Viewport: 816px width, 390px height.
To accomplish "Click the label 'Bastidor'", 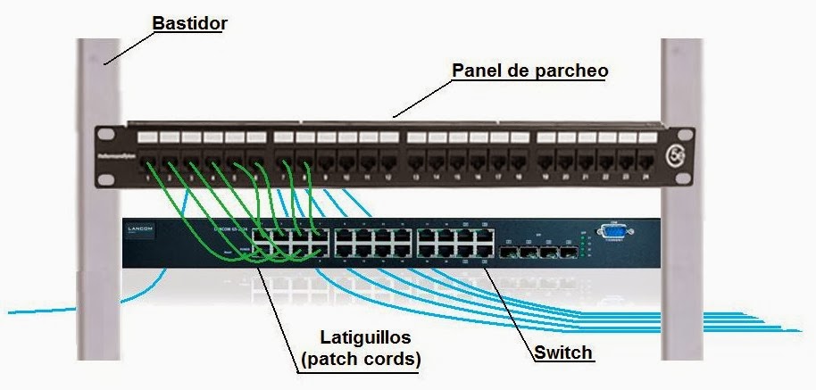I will click(188, 23).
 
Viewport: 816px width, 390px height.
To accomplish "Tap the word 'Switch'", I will click(563, 353).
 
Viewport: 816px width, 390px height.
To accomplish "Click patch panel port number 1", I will click(146, 164).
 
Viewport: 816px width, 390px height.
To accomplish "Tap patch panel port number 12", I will click(388, 164).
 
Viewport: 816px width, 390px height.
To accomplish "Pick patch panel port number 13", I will click(416, 164).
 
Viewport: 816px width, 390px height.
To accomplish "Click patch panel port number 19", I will click(545, 164).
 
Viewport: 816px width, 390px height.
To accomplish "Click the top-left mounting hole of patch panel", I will click(107, 135).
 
